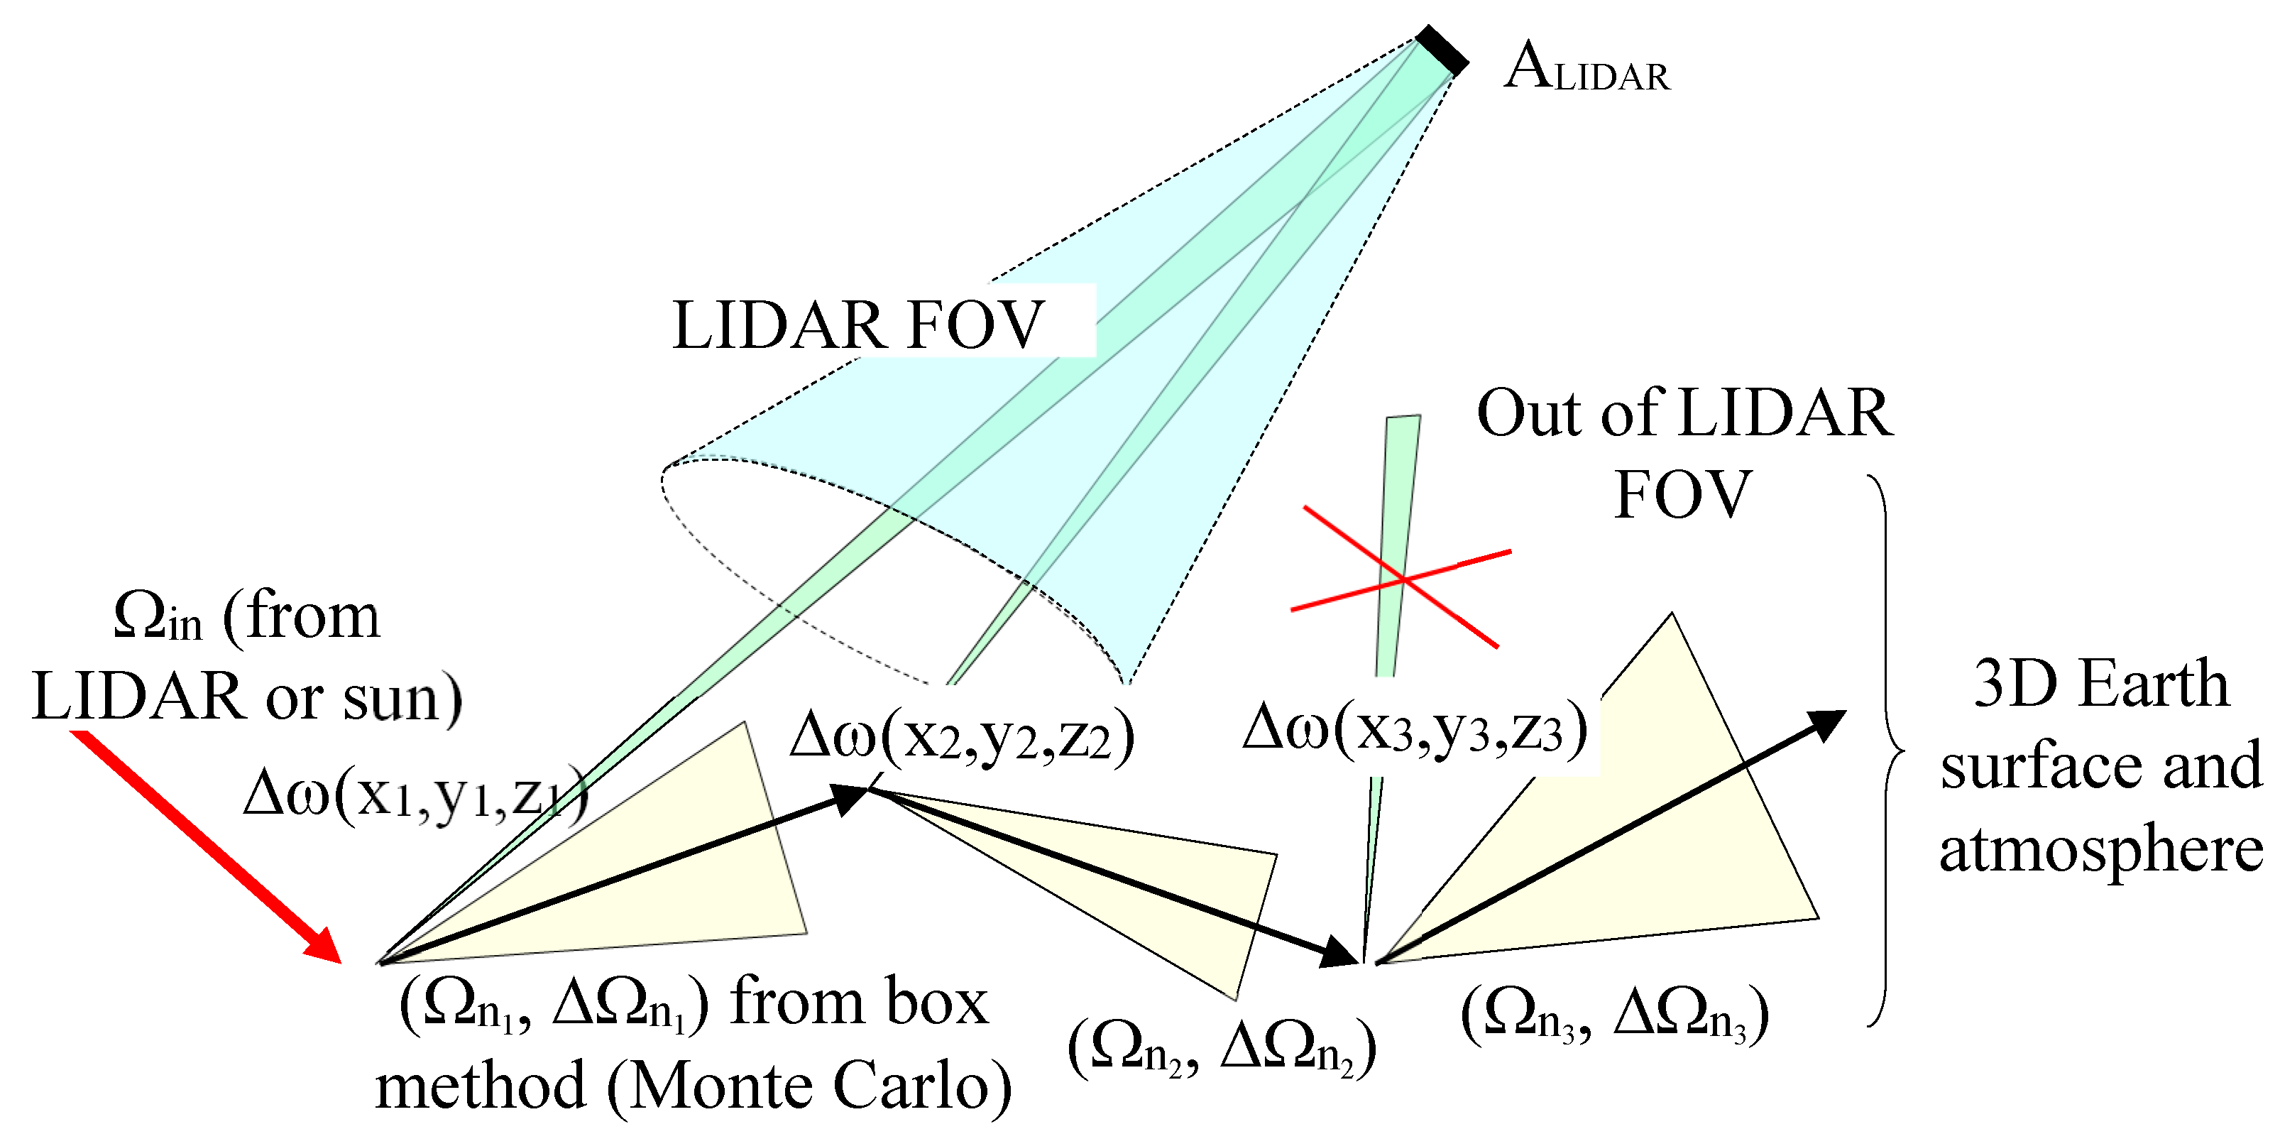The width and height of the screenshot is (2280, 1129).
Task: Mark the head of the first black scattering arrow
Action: [850, 797]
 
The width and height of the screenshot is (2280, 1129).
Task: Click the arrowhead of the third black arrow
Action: [1825, 724]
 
